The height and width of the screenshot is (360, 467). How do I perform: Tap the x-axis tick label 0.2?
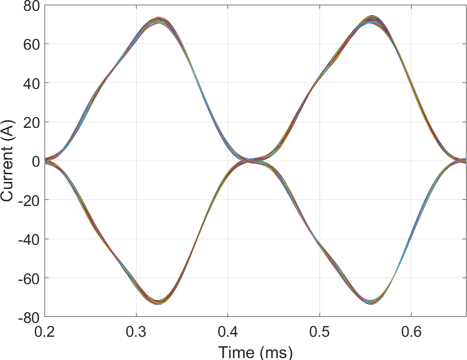(x=45, y=332)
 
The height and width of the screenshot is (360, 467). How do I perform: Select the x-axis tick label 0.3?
(x=137, y=332)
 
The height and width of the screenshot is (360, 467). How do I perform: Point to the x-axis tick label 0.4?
(x=228, y=332)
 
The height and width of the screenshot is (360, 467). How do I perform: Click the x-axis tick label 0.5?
(x=320, y=332)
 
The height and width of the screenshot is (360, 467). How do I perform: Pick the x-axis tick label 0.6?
(x=411, y=332)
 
